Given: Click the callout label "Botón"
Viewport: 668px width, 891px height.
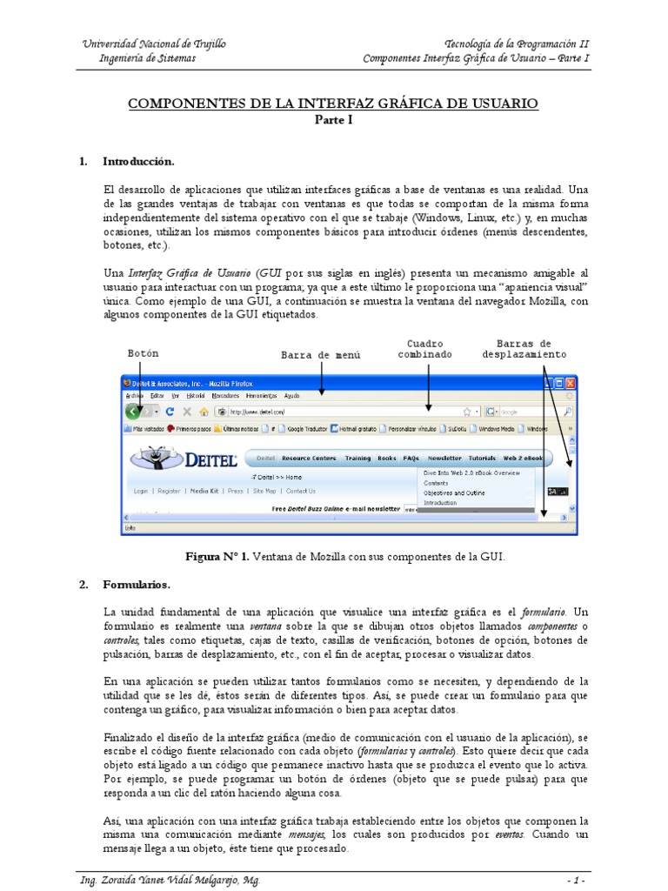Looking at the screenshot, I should (x=144, y=354).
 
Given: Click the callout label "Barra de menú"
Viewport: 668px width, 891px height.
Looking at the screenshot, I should (x=320, y=355).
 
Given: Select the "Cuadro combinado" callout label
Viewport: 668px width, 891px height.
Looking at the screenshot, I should (x=425, y=349).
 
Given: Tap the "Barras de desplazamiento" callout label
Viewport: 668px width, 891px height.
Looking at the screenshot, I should (x=524, y=349).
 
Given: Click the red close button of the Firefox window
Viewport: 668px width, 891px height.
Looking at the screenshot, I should (x=571, y=382).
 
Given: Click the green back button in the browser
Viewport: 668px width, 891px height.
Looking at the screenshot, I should (x=132, y=412).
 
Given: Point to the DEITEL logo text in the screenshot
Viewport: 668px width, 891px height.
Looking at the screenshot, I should (x=209, y=458).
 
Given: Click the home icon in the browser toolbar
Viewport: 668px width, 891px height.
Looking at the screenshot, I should (x=204, y=412).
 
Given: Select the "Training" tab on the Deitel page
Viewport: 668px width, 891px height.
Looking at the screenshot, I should (x=357, y=458).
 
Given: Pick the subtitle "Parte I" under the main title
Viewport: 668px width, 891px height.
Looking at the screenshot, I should (x=333, y=120).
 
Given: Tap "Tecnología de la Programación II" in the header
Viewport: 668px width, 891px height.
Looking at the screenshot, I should (x=517, y=44).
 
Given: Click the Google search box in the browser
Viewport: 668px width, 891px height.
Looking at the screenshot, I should (x=527, y=412).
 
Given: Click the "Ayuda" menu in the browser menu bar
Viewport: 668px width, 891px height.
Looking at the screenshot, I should (x=292, y=395).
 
